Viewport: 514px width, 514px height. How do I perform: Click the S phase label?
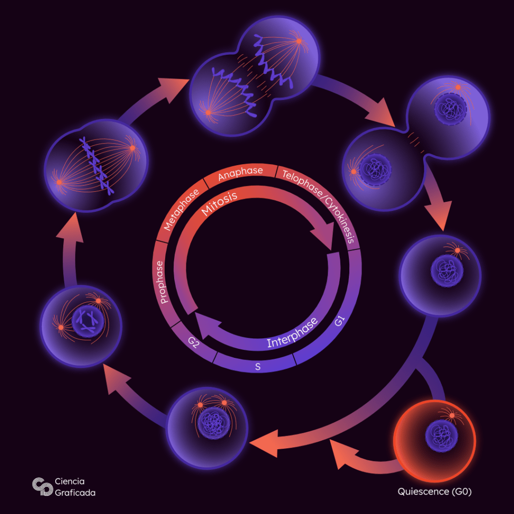[x=258, y=367]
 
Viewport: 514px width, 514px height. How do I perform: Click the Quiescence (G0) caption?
[x=435, y=491]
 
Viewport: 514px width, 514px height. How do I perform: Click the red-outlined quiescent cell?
[x=435, y=437]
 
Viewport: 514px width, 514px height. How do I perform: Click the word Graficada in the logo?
[x=75, y=492]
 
